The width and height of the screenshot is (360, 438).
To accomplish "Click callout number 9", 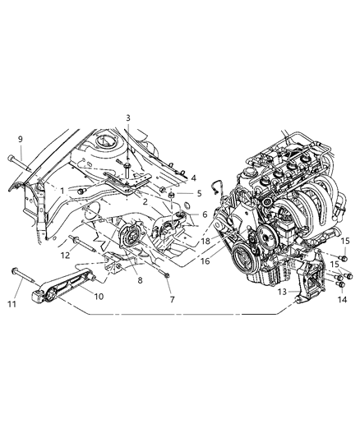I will (20, 139).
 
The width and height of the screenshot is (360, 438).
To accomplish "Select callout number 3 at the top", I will (128, 118).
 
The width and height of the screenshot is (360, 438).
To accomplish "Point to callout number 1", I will (62, 191).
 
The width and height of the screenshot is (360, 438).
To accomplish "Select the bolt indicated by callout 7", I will (164, 274).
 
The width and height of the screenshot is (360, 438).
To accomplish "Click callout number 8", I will (140, 280).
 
